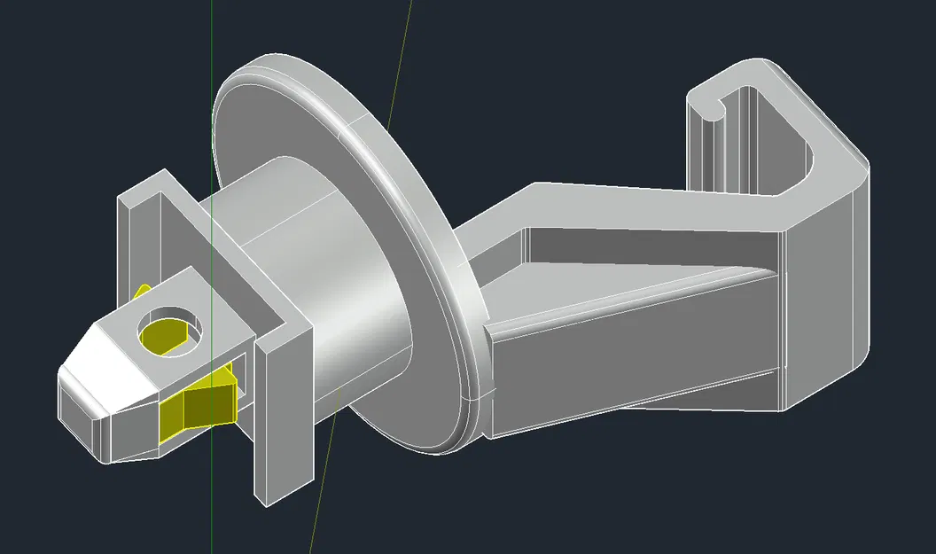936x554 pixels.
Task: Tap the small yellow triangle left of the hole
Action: point(140,293)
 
